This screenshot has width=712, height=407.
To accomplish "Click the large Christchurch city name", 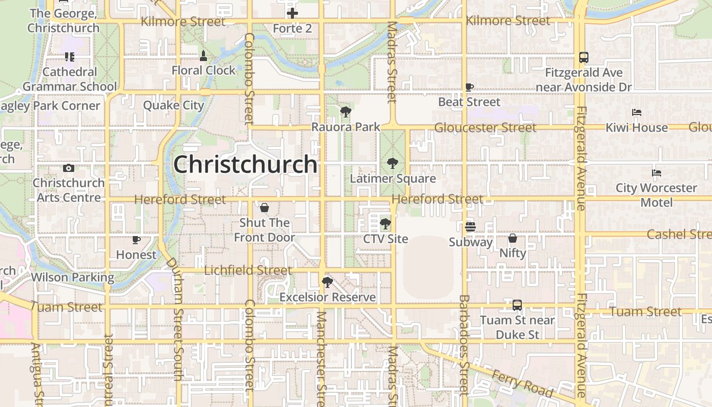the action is pos(246,164).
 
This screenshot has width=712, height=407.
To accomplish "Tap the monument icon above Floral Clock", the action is pos(203,56).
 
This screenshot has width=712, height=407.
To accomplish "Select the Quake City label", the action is pos(173,105).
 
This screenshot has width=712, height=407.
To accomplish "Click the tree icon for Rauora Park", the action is pos(346,111).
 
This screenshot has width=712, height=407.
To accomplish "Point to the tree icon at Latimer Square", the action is pos(392,163).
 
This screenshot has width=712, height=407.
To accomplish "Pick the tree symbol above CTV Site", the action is pos(385,223).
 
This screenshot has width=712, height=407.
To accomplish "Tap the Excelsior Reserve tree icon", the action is pos(328,282).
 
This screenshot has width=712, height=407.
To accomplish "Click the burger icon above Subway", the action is pos(470,227).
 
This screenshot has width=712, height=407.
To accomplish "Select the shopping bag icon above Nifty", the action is pos(513,238).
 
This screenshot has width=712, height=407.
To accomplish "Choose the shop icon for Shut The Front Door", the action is pos(264,208).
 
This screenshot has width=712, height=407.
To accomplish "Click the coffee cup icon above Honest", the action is pos(136,240).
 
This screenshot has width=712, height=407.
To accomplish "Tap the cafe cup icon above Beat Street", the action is pos(469,87).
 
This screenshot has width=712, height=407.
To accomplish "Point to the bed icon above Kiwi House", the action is pos(637,112).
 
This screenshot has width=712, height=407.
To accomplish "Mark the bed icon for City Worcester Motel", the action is pos(657,173).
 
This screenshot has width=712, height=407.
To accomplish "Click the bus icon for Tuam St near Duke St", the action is pos(517,305).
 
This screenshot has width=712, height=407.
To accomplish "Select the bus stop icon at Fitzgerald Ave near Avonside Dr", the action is pos(584,57).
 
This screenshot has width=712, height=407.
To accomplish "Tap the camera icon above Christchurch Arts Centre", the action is pos(69,168).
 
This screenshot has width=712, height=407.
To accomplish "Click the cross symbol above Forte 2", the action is pos(292,13).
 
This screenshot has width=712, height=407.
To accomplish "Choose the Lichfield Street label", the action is pos(248,270).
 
